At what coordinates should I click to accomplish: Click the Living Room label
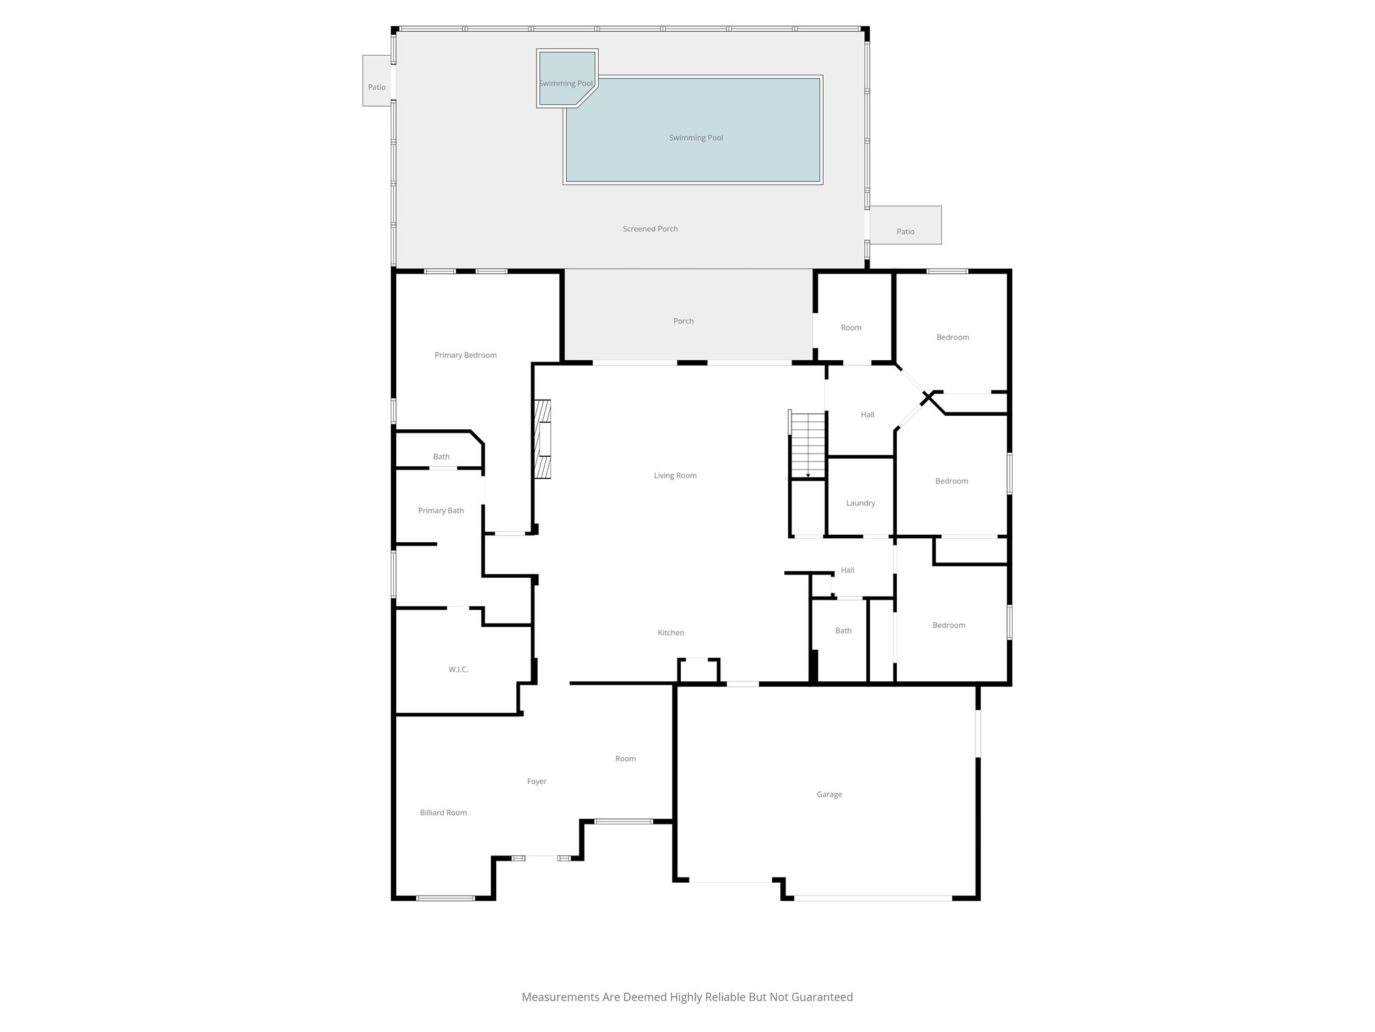click(675, 476)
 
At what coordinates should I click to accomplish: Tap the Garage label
click(829, 794)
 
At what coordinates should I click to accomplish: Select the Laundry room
click(860, 503)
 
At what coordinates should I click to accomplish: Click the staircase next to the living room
click(808, 444)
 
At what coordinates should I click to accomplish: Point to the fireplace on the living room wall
click(542, 439)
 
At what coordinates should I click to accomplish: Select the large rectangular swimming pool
click(696, 138)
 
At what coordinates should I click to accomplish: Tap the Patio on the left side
click(377, 87)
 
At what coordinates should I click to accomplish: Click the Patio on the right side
click(905, 231)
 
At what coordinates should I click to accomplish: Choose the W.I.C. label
click(458, 669)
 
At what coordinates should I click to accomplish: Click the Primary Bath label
click(440, 511)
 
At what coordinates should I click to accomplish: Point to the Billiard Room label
click(443, 812)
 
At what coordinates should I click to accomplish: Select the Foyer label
click(536, 781)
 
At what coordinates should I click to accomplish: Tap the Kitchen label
click(671, 633)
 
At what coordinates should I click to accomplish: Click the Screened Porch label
click(650, 229)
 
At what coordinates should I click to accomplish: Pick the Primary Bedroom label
click(465, 355)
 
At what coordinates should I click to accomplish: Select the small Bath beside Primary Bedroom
click(441, 457)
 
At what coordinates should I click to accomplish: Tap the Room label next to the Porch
click(851, 328)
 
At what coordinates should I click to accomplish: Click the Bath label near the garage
click(843, 631)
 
